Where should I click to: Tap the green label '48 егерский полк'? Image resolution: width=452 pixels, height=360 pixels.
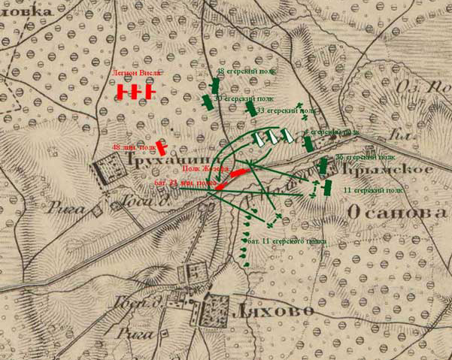click(x=241, y=71)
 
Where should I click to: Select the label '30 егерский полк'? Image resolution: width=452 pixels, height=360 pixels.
click(x=244, y=98)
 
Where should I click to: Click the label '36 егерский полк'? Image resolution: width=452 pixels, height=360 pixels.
click(x=365, y=157)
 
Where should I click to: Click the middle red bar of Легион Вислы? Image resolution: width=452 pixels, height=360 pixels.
click(x=136, y=92)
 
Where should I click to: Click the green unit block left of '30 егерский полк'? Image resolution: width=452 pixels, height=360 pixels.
click(x=207, y=102)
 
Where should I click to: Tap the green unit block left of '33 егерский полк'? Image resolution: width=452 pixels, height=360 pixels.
click(x=250, y=108)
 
